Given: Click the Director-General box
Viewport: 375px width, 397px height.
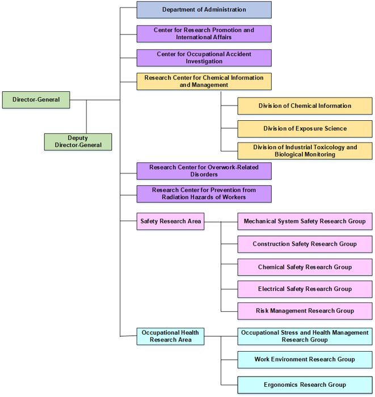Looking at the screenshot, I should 36,100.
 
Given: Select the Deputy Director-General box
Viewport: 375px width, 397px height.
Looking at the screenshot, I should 78,141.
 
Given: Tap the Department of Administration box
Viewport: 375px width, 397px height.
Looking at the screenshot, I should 204,10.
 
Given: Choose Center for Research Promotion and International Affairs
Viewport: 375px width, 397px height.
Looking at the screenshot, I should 204,33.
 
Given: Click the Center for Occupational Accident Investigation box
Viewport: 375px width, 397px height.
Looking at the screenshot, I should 204,58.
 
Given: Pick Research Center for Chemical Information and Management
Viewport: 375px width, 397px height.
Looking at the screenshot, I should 204,81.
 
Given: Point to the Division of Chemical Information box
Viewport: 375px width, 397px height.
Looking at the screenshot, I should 305,106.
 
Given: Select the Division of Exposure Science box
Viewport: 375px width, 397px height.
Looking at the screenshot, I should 305,129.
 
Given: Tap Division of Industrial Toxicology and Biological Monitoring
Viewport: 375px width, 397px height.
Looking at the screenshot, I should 305,151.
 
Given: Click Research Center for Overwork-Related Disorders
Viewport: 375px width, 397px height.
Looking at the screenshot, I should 204,171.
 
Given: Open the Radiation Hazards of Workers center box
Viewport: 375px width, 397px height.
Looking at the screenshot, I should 204,193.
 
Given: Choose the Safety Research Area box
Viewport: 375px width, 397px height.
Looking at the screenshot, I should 170,221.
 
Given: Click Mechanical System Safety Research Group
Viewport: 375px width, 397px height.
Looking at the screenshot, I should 305,221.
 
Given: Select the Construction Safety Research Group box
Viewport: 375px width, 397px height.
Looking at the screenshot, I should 305,244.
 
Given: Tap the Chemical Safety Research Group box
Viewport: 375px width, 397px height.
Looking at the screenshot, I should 305,267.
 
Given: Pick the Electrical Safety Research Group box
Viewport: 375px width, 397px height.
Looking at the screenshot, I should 305,289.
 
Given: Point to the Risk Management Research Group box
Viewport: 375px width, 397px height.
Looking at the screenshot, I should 305,311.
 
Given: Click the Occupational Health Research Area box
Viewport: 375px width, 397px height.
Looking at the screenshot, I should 170,336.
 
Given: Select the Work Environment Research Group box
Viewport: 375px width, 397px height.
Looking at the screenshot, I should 305,359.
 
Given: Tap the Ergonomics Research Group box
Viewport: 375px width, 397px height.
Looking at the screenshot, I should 305,385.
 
